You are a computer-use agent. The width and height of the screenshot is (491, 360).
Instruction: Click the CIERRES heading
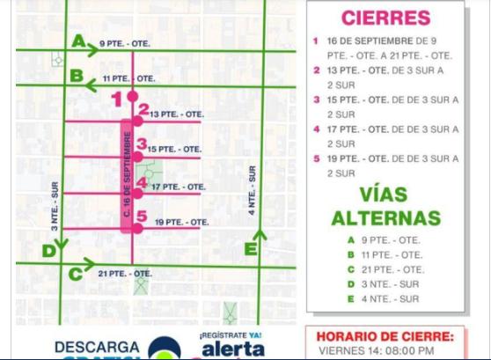click(385, 18)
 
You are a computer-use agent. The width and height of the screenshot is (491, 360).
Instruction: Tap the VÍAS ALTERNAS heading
click(385, 204)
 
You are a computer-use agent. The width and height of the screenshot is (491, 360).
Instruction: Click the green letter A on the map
click(79, 40)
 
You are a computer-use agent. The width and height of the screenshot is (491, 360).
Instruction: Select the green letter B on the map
click(77, 76)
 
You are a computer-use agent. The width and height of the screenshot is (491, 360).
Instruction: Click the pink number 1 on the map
click(115, 100)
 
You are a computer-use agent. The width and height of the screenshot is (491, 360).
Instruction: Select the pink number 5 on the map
click(141, 216)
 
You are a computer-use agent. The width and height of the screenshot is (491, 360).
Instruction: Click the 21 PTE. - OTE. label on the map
click(125, 274)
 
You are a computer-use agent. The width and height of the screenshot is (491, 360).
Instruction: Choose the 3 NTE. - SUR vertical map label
click(55, 207)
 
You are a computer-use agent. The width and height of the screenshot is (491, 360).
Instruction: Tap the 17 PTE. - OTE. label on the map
click(178, 187)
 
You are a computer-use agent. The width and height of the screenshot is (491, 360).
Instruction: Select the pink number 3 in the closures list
click(316, 99)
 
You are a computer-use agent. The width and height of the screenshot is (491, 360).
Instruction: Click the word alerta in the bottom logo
click(232, 349)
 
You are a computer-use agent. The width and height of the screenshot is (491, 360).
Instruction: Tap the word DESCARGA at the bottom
click(97, 347)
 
